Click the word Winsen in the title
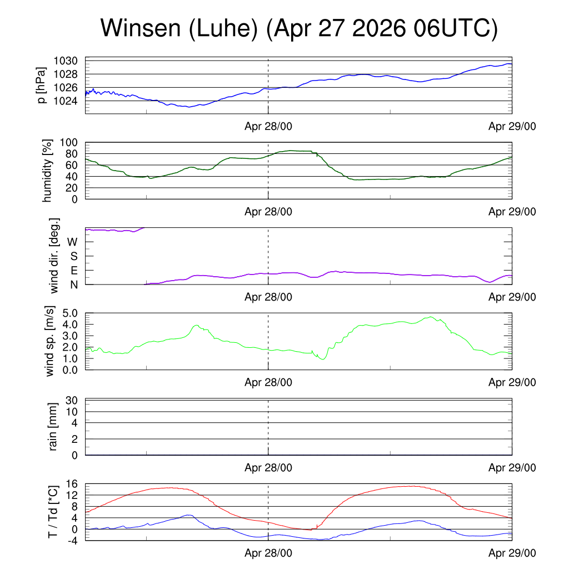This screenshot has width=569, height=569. coord(141,28)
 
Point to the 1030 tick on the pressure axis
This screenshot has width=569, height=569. coord(66,61)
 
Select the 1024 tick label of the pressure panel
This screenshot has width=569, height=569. coord(66,101)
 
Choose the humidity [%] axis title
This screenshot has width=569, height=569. coord(47,171)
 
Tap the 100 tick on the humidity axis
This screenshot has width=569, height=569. coord(69,143)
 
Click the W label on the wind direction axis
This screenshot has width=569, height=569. coord(73,242)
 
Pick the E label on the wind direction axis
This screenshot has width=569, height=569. coord(74,271)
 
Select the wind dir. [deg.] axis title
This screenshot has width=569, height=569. coord(54,256)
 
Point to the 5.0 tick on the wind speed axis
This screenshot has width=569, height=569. coord(70,313)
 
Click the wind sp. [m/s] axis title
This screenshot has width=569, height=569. coord(49,341)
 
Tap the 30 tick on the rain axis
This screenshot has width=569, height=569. coord(72,400)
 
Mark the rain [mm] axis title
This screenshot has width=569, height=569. coord(53,427)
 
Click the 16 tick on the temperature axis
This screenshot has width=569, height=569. coord(72,484)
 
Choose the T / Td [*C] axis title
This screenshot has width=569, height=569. coord(53,512)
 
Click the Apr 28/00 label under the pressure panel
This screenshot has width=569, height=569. coord(268,126)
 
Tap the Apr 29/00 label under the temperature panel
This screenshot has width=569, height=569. coord(512,553)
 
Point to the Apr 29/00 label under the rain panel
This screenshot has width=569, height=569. coord(512,468)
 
